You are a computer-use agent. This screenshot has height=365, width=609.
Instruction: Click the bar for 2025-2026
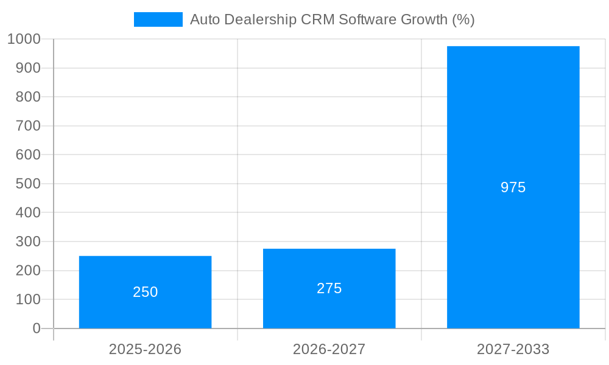tap(145, 268)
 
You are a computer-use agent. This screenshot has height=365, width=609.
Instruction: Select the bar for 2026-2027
tap(329, 262)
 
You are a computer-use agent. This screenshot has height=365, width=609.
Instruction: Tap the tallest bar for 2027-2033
tap(513, 122)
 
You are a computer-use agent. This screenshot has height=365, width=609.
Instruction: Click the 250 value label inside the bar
tap(145, 292)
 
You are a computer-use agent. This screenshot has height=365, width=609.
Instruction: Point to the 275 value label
tap(329, 288)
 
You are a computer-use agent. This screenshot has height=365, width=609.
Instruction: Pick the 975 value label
tap(513, 187)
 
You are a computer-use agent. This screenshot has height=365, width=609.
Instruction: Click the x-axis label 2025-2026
tap(145, 349)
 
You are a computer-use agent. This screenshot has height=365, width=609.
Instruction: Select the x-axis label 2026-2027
tap(329, 349)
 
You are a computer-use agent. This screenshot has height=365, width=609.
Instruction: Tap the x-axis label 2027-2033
tap(513, 349)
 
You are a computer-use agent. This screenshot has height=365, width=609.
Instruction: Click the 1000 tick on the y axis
tap(24, 39)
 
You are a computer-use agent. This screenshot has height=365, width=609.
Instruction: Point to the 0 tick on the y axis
tap(36, 328)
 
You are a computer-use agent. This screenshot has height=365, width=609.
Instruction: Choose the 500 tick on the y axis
tap(28, 184)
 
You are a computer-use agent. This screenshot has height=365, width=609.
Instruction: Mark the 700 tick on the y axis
tap(28, 126)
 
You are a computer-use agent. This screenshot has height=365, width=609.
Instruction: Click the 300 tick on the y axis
tap(28, 242)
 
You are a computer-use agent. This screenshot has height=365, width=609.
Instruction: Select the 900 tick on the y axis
tap(28, 68)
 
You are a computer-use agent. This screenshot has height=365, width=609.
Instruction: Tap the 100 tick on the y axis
tap(28, 299)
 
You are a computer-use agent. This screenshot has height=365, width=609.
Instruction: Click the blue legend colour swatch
tap(158, 19)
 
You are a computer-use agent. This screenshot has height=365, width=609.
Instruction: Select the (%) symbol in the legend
tap(463, 19)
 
